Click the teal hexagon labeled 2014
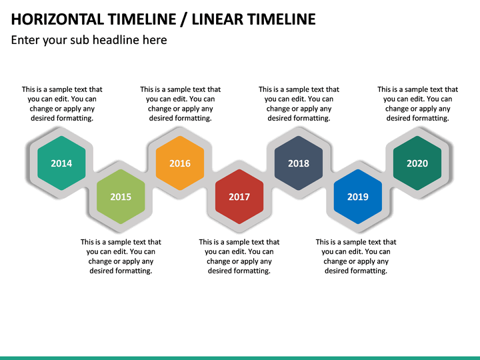click(61, 163)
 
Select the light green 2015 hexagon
click(121, 197)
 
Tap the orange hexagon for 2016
click(180, 163)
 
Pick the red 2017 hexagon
click(239, 197)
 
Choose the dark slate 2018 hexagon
click(299, 163)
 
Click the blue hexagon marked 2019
click(358, 197)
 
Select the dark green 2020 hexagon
click(417, 163)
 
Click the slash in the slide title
click(183, 19)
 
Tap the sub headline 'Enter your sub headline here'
click(89, 40)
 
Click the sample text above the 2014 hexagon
click(62, 103)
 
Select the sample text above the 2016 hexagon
click(180, 103)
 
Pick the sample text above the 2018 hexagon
click(299, 103)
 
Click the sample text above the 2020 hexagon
click(417, 103)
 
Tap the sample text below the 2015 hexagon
click(121, 257)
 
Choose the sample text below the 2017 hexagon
click(239, 257)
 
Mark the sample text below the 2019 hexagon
click(356, 257)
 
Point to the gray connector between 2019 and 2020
click(388, 178)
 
